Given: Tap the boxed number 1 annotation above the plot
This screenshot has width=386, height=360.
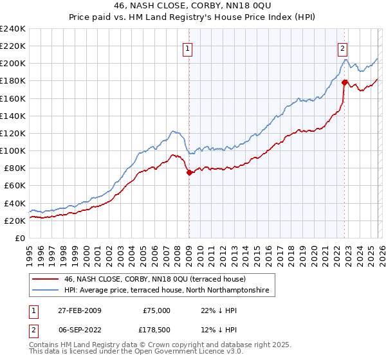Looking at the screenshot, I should [187, 48].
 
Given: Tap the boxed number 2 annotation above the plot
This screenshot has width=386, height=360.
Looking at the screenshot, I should [343, 48].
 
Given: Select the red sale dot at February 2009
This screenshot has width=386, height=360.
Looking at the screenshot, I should [189, 172].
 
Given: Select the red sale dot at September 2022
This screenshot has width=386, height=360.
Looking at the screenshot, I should [345, 82].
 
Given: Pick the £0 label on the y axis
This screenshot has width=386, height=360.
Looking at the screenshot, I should [19, 238].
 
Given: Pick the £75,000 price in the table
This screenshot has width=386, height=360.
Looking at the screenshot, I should [157, 310].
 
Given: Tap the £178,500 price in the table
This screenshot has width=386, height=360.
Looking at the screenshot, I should [157, 331].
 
